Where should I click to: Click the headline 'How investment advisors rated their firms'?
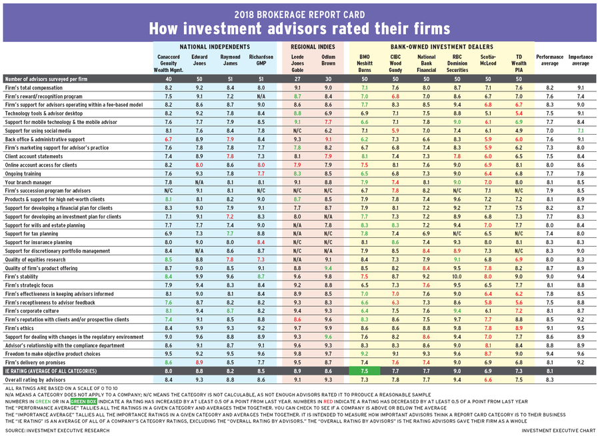299,28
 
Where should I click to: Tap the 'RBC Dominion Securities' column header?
457,63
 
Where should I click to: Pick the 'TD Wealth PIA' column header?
519,63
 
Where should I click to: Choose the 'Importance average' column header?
581,61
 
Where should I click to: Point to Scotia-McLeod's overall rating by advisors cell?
488,380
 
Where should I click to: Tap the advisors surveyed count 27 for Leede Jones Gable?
297,79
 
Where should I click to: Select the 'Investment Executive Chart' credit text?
557,431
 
